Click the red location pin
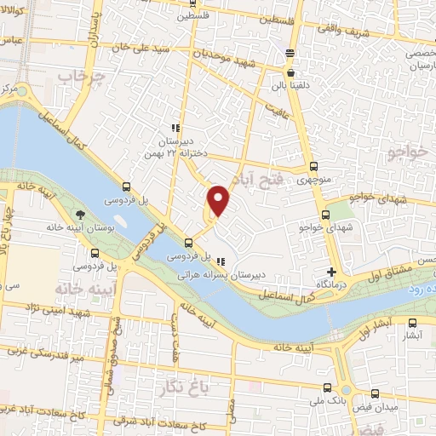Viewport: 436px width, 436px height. tap(219, 200)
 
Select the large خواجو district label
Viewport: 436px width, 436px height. tap(406, 154)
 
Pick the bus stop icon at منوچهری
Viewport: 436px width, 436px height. tap(313, 167)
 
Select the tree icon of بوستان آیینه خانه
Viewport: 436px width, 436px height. tap(80, 215)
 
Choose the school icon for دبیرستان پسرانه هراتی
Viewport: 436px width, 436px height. tap(221, 261)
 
